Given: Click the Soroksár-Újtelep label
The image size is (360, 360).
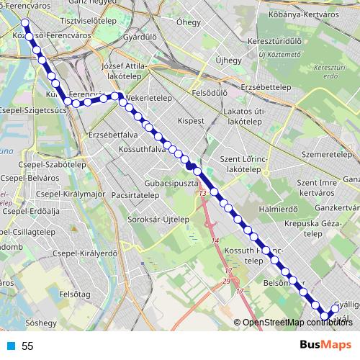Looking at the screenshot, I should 154,218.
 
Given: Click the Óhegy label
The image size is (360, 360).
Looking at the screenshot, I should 189,22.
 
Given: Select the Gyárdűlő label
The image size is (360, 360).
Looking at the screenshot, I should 140,36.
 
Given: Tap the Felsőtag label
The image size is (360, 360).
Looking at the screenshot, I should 74,294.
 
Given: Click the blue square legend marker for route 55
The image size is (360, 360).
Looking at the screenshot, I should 10,346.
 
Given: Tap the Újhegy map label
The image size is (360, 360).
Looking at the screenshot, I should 228,60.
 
